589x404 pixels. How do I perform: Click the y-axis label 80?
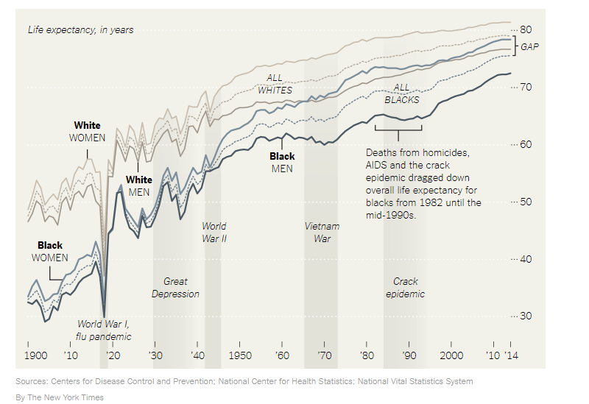click(526, 29)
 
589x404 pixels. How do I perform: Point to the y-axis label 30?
click(526, 316)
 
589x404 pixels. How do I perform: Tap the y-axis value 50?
click(526, 202)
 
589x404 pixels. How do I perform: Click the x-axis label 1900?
click(35, 355)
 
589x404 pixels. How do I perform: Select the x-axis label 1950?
click(239, 355)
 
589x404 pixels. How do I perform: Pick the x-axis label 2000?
click(452, 355)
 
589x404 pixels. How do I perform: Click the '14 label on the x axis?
click(511, 355)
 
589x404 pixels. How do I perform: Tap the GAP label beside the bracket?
click(530, 46)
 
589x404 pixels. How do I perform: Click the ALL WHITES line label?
click(275, 84)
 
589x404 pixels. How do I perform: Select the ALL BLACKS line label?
click(402, 93)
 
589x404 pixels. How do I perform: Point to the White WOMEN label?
click(88, 132)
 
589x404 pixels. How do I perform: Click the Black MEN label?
click(282, 163)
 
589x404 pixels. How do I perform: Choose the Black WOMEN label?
click(50, 252)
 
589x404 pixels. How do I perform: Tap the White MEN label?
click(139, 185)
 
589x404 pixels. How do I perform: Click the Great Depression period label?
click(175, 288)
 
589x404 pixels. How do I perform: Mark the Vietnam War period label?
click(322, 232)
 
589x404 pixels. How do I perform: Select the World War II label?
click(214, 232)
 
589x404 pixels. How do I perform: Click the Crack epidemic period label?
click(405, 288)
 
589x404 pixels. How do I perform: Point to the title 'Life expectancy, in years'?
click(80, 30)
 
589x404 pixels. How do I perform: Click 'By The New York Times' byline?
click(60, 397)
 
